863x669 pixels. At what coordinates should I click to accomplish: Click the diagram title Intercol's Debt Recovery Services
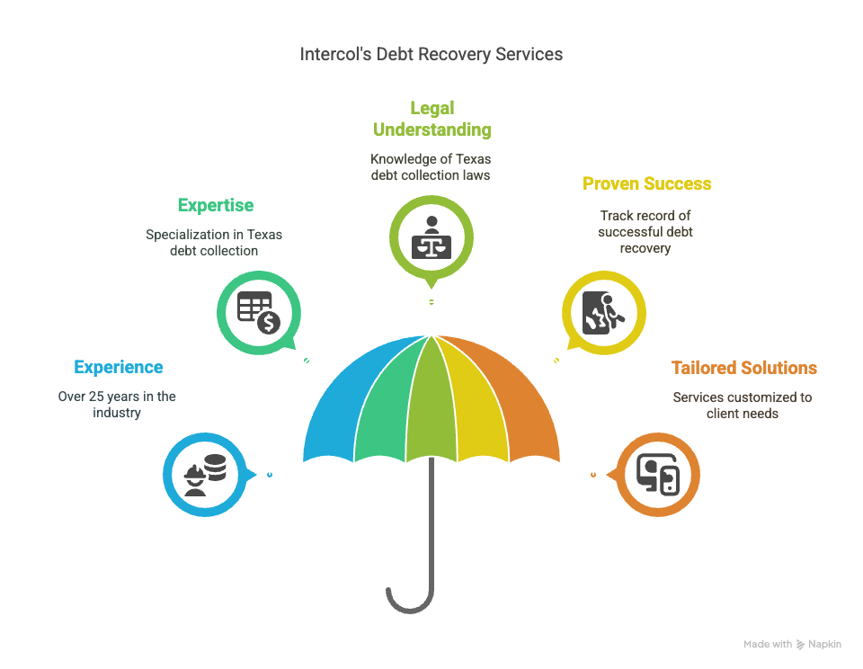coord(431,54)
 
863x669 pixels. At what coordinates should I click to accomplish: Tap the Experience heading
coord(119,367)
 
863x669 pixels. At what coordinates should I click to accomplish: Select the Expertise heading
coord(216,205)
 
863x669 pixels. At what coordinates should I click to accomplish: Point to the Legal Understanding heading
coord(431,119)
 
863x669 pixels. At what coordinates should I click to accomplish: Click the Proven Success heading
coord(646,183)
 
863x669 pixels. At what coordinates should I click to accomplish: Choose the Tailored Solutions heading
coord(743,368)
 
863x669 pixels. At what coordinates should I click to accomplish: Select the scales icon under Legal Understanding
coord(431,237)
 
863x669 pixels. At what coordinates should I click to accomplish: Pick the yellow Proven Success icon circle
coord(604,313)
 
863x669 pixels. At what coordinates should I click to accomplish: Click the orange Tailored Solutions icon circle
coord(658,474)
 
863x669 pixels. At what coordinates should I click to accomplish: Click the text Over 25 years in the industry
coord(117,404)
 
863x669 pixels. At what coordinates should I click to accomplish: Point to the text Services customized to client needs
coord(743,405)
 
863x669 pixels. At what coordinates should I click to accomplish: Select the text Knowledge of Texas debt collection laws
coord(431,166)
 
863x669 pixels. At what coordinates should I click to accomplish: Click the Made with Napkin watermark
coord(792,644)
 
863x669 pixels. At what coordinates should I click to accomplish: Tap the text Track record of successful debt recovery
coord(645,231)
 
